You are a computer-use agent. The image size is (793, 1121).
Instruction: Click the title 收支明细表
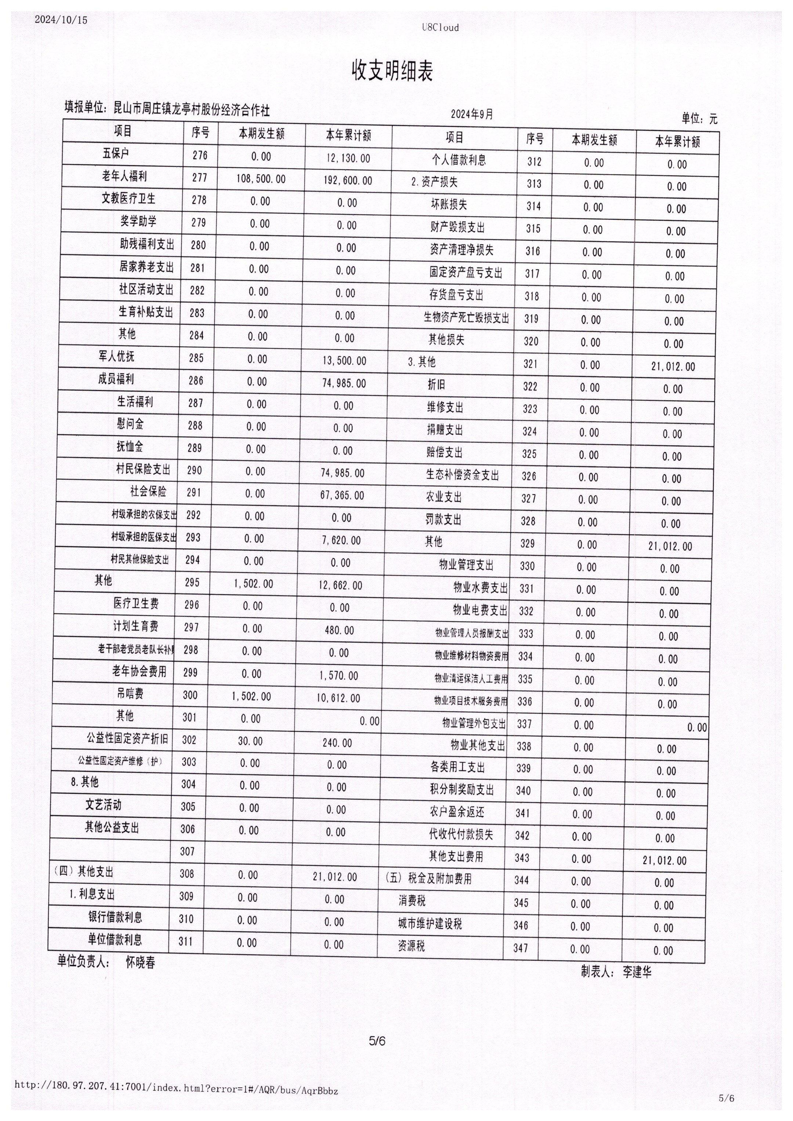[392, 71]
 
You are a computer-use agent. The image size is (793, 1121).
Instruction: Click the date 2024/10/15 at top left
[61, 20]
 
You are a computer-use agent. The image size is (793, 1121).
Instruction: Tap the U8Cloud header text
[441, 27]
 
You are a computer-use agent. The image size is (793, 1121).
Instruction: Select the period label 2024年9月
[472, 114]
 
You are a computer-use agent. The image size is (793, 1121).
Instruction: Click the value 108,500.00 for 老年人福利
[261, 179]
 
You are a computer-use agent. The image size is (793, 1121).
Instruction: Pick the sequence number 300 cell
[190, 695]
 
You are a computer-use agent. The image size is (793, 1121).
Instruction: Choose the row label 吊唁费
[130, 693]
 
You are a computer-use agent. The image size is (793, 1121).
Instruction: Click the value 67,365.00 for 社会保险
[342, 495]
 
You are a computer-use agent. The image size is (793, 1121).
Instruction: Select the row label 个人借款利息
[459, 160]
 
